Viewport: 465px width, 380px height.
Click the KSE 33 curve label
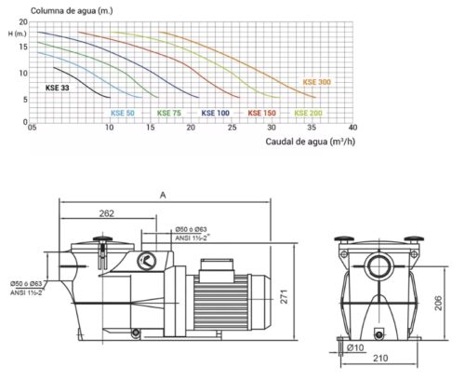(58, 88)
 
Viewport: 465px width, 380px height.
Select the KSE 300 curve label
(317, 82)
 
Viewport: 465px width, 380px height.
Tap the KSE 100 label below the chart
(216, 113)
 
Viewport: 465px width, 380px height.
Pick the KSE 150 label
(261, 113)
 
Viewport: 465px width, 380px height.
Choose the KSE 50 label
(123, 113)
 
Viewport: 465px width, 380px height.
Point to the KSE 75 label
(169, 113)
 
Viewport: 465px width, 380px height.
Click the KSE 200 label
(308, 113)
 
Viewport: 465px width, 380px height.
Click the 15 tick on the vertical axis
(23, 47)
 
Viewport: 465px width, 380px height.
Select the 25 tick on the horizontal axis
(232, 128)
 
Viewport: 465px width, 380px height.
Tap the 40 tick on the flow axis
(352, 128)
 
